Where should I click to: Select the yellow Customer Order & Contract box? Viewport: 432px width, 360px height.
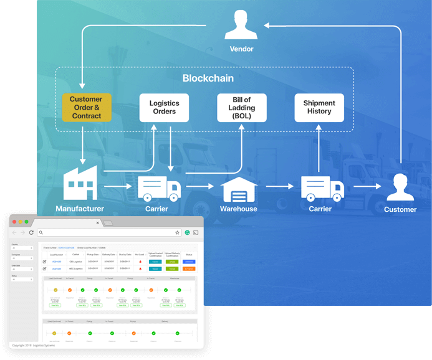86,108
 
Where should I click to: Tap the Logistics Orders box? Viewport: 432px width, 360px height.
164,108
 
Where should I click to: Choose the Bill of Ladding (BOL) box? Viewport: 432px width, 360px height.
241,108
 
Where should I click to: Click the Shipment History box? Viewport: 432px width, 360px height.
319,108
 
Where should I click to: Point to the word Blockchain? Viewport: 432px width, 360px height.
208,78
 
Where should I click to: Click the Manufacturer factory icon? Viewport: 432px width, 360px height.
80,179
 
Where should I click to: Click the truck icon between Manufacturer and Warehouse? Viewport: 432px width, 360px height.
158,186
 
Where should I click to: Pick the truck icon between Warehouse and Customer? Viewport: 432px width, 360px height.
322,186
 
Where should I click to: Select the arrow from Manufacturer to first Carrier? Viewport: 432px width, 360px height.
117,186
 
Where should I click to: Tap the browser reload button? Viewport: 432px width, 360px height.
32,232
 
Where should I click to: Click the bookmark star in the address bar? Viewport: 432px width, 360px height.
178,232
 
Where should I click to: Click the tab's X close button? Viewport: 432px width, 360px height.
97,222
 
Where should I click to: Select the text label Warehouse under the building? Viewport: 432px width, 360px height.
239,209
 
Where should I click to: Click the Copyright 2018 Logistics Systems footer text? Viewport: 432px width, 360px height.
34,345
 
